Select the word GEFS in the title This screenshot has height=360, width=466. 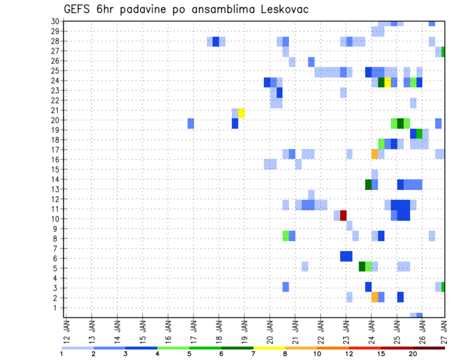click(78, 10)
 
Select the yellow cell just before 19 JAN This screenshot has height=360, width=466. click(241, 113)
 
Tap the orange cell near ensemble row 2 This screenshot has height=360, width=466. click(374, 297)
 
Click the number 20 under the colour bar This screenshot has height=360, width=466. click(413, 354)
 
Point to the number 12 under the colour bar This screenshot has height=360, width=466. click(349, 354)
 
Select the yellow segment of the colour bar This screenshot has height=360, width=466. click(269, 348)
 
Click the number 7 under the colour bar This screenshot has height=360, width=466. click(253, 354)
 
